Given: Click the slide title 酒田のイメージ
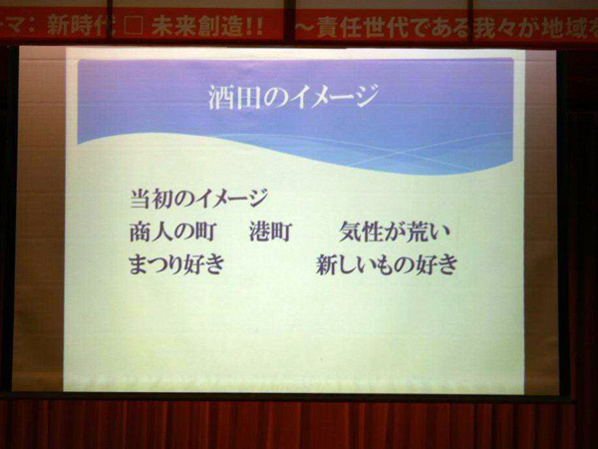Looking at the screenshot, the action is click(x=293, y=97).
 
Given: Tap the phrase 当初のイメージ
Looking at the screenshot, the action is click(x=198, y=199).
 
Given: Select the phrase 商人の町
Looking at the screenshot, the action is click(x=173, y=231).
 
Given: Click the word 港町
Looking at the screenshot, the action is click(x=270, y=231).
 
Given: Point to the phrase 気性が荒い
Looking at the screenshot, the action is click(x=395, y=231).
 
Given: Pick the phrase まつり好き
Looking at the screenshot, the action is click(x=176, y=264).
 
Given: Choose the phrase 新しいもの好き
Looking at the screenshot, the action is click(x=387, y=264).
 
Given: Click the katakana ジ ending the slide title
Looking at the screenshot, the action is click(x=365, y=96).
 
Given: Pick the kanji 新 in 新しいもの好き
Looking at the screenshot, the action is click(x=327, y=264).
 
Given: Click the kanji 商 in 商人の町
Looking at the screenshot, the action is click(x=141, y=231).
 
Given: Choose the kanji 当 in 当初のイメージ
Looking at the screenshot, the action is click(x=141, y=199).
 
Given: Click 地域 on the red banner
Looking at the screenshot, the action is click(x=562, y=29).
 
